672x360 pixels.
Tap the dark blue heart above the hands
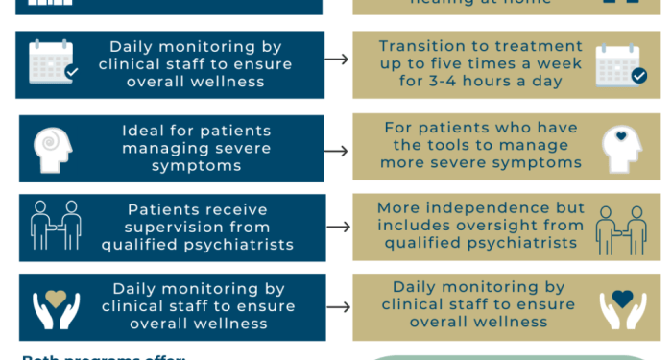[x=621, y=299]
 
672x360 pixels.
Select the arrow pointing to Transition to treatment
[x=336, y=60]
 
